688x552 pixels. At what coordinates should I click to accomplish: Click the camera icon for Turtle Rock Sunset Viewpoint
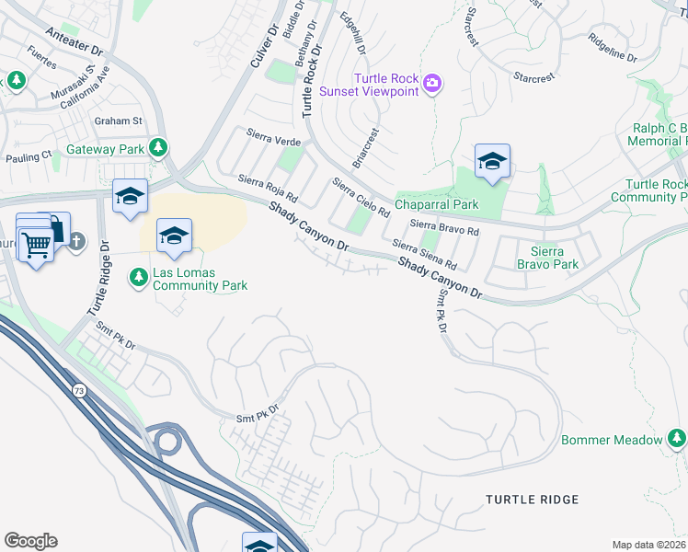433,86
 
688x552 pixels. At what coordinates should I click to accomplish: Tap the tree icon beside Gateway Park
159,147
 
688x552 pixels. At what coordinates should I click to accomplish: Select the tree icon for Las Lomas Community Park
139,276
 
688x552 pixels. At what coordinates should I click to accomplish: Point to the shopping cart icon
37,245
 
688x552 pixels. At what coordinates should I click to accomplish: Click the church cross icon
76,242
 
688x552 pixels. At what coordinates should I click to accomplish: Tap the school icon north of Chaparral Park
492,162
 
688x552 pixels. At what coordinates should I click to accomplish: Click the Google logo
30,541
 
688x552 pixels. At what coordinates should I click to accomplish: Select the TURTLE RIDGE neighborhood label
533,500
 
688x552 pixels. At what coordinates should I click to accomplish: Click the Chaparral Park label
437,204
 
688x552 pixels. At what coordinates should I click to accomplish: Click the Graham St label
119,121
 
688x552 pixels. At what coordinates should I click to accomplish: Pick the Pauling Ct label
28,157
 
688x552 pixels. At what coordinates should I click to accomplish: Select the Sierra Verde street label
274,138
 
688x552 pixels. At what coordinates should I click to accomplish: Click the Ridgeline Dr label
612,51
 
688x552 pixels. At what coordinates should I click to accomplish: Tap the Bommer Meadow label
612,440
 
